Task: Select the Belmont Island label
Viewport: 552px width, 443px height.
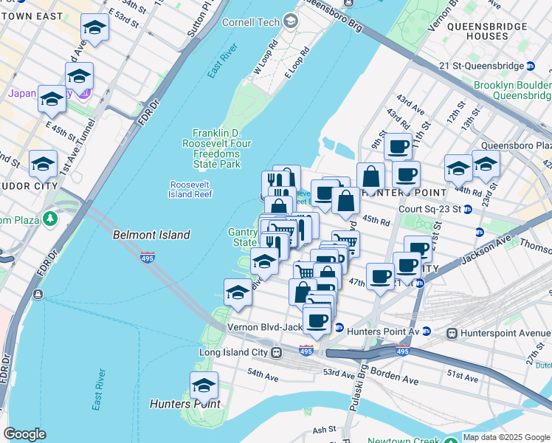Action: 151,235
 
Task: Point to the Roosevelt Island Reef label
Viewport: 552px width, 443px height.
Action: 190,189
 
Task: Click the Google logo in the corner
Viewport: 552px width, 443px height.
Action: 24,434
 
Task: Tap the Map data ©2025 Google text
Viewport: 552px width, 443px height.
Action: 507,437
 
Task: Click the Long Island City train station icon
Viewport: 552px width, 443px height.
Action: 275,352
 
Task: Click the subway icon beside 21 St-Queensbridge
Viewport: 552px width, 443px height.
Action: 530,66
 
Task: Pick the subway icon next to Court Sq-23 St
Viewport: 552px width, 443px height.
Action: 468,209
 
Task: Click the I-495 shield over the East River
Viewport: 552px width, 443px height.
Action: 148,258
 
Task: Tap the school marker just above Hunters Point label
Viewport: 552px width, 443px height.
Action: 204,385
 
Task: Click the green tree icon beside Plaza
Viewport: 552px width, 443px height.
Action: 49,219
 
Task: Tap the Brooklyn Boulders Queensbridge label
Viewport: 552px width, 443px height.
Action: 512,90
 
